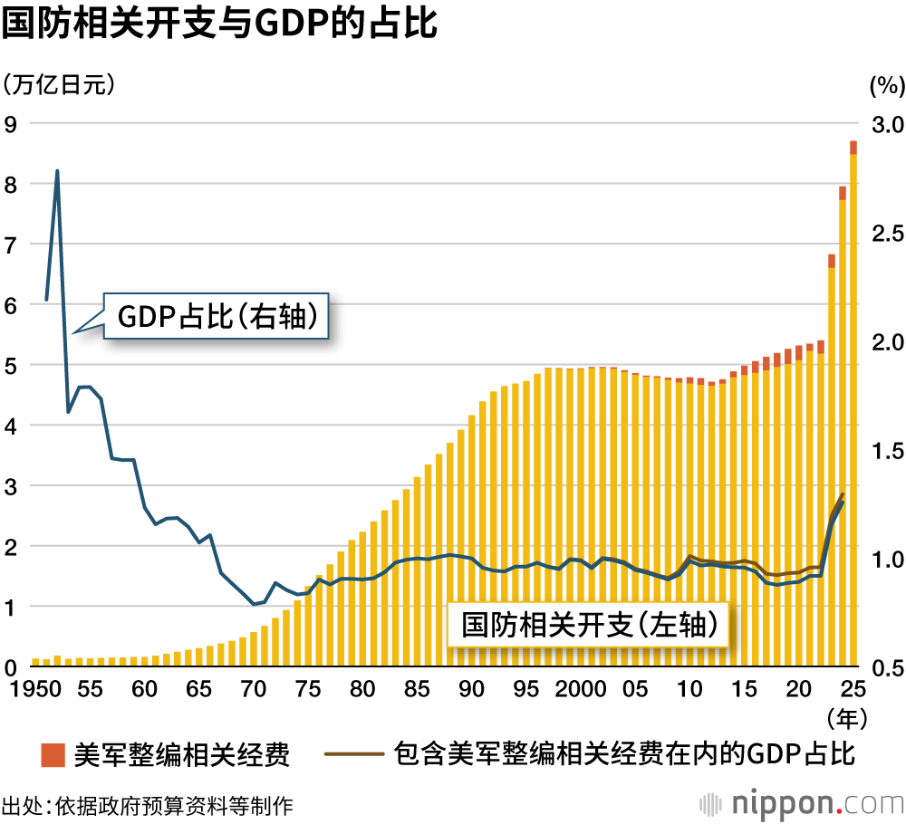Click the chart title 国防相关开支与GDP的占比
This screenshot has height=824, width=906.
click(219, 24)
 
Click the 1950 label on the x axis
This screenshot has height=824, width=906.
click(34, 689)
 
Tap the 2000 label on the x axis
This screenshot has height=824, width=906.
click(582, 689)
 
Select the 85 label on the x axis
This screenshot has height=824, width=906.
click(418, 689)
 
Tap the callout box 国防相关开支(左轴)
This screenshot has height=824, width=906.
click(589, 625)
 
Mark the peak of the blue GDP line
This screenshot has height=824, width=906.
click(57, 170)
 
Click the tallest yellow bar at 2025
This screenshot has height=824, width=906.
click(853, 407)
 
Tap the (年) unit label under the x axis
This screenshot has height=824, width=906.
click(850, 718)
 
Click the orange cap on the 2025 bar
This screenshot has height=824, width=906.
click(853, 148)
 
